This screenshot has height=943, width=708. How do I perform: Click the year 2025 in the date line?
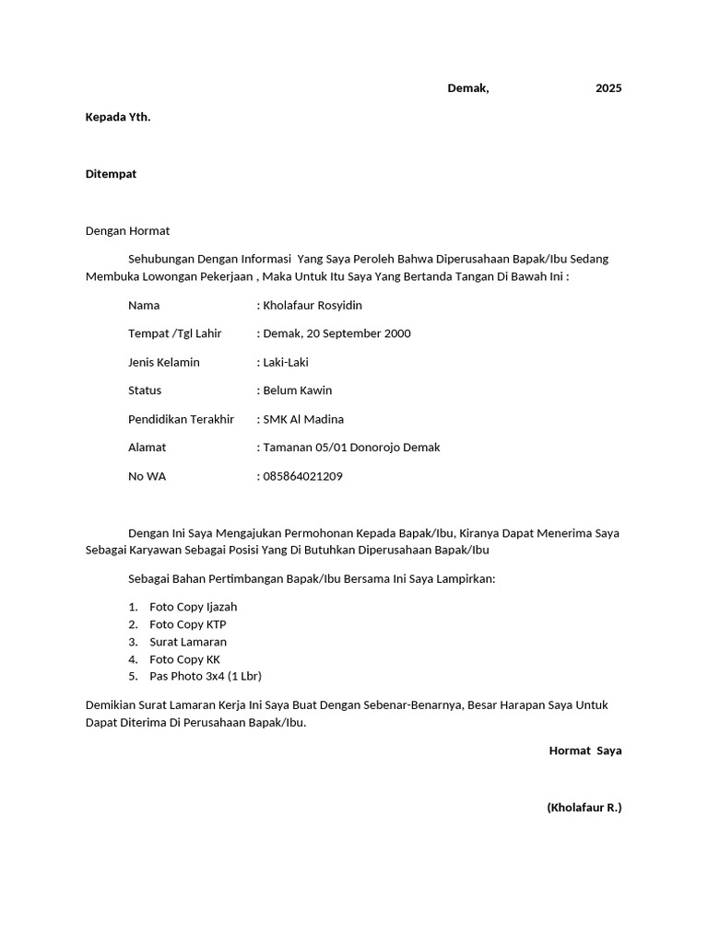[608, 88]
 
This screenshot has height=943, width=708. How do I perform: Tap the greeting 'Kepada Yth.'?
[118, 117]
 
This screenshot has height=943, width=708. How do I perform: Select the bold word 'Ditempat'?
[111, 174]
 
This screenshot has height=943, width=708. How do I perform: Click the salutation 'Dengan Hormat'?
[127, 231]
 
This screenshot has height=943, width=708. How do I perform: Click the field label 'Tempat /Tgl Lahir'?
[175, 333]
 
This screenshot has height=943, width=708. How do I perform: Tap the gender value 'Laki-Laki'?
[286, 362]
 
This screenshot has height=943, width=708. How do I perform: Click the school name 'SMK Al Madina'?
[303, 419]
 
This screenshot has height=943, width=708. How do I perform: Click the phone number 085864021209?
[302, 477]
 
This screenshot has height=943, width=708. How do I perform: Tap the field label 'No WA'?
[147, 477]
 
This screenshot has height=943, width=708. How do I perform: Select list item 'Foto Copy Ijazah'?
[193, 607]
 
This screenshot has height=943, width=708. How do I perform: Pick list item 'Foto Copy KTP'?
[187, 624]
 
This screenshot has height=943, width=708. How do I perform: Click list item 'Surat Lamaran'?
[188, 642]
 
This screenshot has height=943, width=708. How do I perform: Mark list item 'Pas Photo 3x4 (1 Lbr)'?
[206, 676]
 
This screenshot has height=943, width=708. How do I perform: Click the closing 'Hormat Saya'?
[585, 751]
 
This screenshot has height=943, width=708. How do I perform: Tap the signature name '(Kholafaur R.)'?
[584, 808]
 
